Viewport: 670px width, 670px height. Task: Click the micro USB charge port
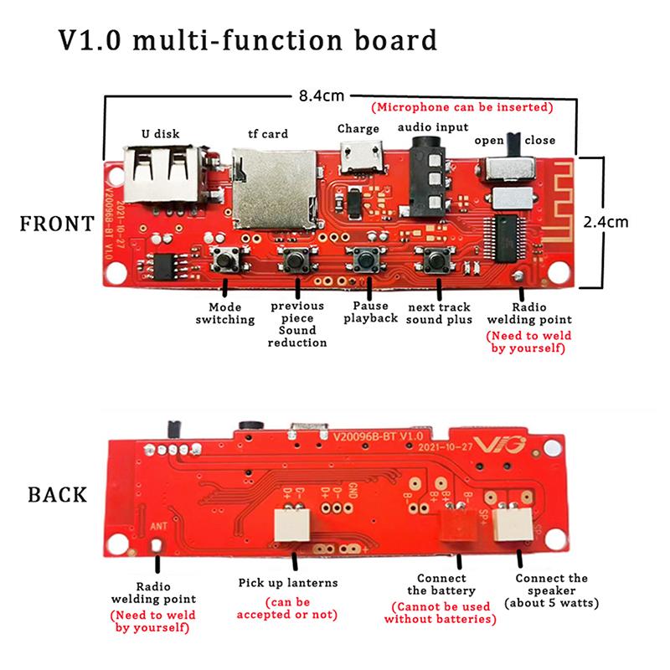pyautogui.click(x=359, y=157)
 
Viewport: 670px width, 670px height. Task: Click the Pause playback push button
pyautogui.click(x=366, y=260)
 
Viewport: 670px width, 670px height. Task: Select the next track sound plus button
pyautogui.click(x=435, y=260)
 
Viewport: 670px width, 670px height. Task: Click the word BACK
pyautogui.click(x=57, y=493)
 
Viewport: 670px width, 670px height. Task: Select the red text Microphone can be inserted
pyautogui.click(x=461, y=108)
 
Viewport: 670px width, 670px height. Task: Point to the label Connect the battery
pyautogui.click(x=441, y=585)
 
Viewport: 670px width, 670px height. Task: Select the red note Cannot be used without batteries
pyautogui.click(x=441, y=613)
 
